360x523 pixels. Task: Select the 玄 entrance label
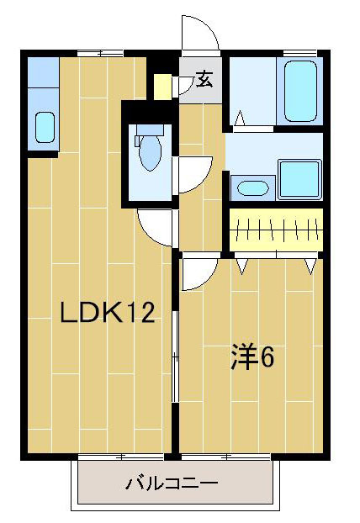[204, 81]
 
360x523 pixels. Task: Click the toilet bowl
[150, 154]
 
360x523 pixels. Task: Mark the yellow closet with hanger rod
[276, 229]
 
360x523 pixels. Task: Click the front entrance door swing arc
[200, 35]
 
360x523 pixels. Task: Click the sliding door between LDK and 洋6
[175, 353]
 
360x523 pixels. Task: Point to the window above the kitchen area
[99, 53]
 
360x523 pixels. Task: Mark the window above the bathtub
[300, 54]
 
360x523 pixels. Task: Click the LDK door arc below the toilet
[156, 225]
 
